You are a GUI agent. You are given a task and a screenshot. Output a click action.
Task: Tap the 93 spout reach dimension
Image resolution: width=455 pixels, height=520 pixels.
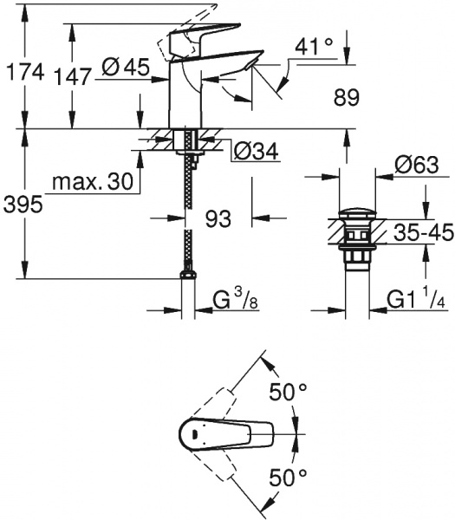(218, 219)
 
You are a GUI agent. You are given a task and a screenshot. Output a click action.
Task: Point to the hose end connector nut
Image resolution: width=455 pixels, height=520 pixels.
(186, 276)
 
